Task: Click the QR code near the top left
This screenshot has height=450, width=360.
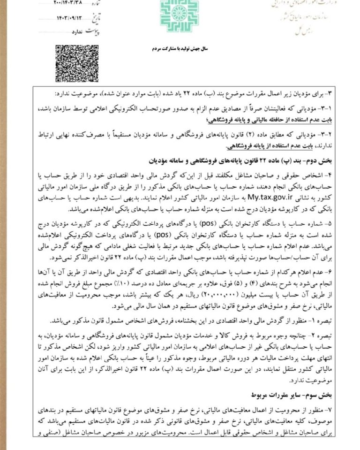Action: coord(71,63)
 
